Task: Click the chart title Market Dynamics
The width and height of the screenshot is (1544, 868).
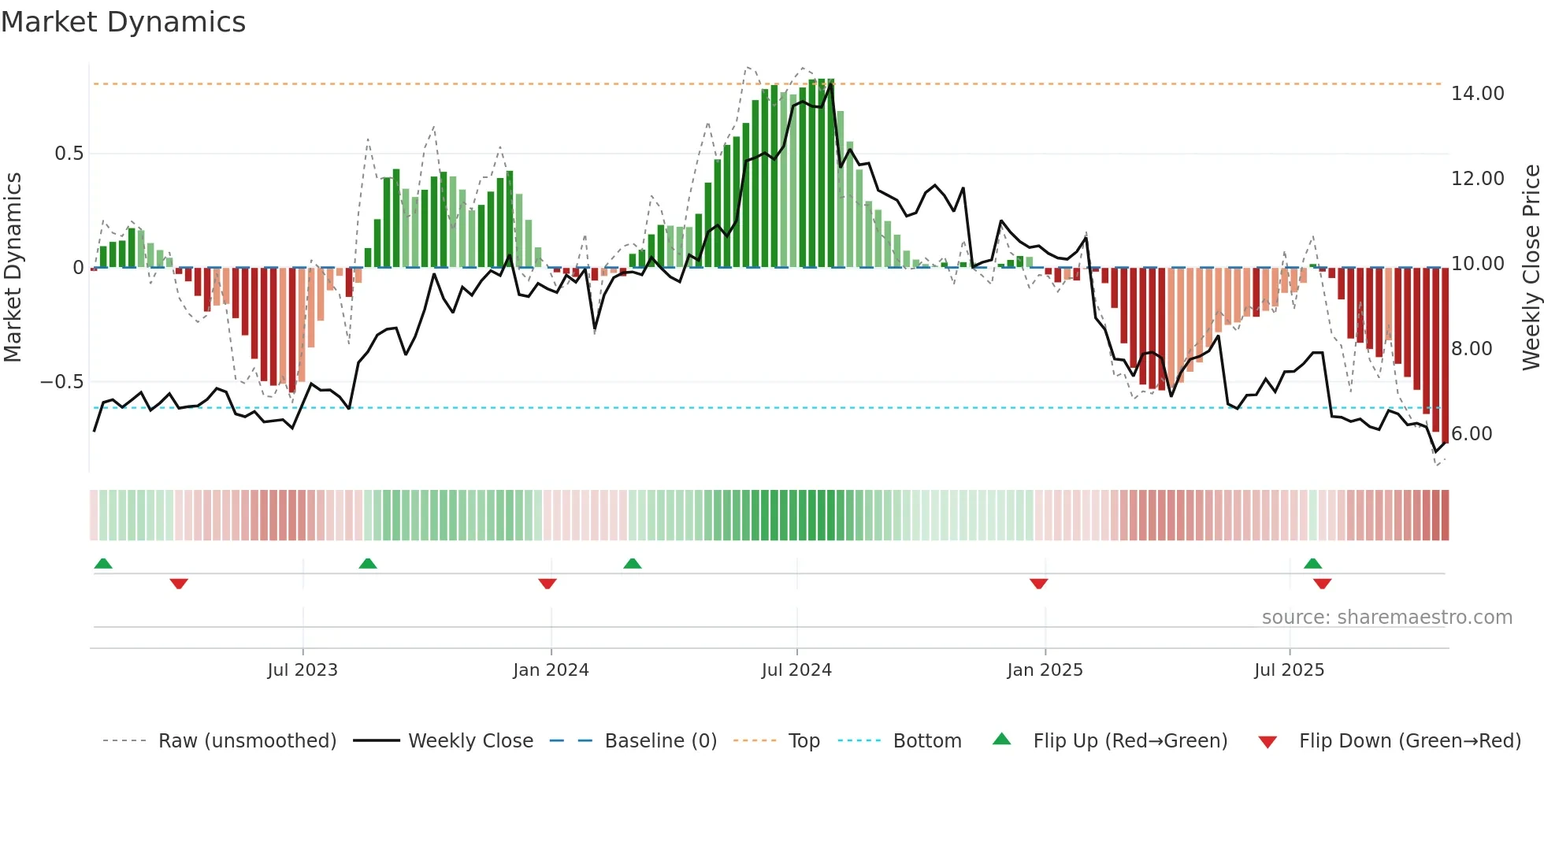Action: click(x=124, y=22)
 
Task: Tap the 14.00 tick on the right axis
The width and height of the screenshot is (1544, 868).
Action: click(x=1477, y=94)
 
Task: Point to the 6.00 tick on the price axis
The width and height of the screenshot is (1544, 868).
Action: click(x=1472, y=434)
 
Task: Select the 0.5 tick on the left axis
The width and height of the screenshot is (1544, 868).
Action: click(x=69, y=154)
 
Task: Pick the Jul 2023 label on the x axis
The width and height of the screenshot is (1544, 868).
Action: click(x=302, y=670)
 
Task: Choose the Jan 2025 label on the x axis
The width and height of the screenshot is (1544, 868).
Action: click(x=1045, y=670)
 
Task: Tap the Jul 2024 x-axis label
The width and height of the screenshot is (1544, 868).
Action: click(x=796, y=670)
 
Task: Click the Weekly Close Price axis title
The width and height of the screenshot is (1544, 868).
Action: click(x=1531, y=268)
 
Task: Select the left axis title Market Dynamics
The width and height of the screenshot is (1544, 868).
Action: click(x=13, y=268)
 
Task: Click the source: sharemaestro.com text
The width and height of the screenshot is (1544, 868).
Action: click(x=1386, y=618)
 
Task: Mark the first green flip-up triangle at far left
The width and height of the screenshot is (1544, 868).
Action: click(x=103, y=563)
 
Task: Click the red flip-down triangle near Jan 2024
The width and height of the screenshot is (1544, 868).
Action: click(x=547, y=584)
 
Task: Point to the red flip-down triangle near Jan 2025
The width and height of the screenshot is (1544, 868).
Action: click(x=1038, y=584)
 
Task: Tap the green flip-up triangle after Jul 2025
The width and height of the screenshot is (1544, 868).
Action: click(x=1312, y=563)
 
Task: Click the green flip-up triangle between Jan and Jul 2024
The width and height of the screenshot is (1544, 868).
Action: click(x=632, y=563)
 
